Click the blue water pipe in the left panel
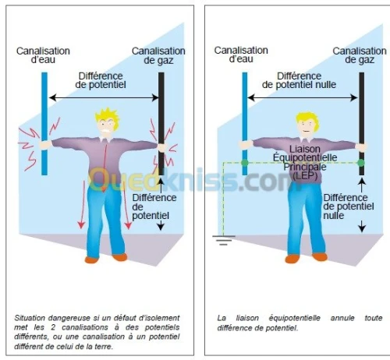tap(44, 124)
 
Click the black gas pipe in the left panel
tap(161, 124)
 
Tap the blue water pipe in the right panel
tap(245, 124)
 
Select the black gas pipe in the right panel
tap(362, 124)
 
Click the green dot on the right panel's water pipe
tap(245, 163)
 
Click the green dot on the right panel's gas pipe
tap(361, 163)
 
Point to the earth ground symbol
tap(224, 240)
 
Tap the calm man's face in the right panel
tap(307, 128)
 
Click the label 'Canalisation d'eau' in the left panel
tap(43, 55)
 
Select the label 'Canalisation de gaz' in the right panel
tap(360, 55)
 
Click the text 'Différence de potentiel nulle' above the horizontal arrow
tap(299, 80)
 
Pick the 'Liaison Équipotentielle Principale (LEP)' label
tap(305, 163)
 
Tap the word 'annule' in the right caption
tap(342, 318)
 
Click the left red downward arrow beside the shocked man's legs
tap(83, 205)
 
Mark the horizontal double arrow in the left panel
tap(104, 97)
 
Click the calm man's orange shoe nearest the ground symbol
tap(292, 259)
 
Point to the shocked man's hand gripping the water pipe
tap(45, 145)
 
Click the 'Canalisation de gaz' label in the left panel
tap(158, 55)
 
